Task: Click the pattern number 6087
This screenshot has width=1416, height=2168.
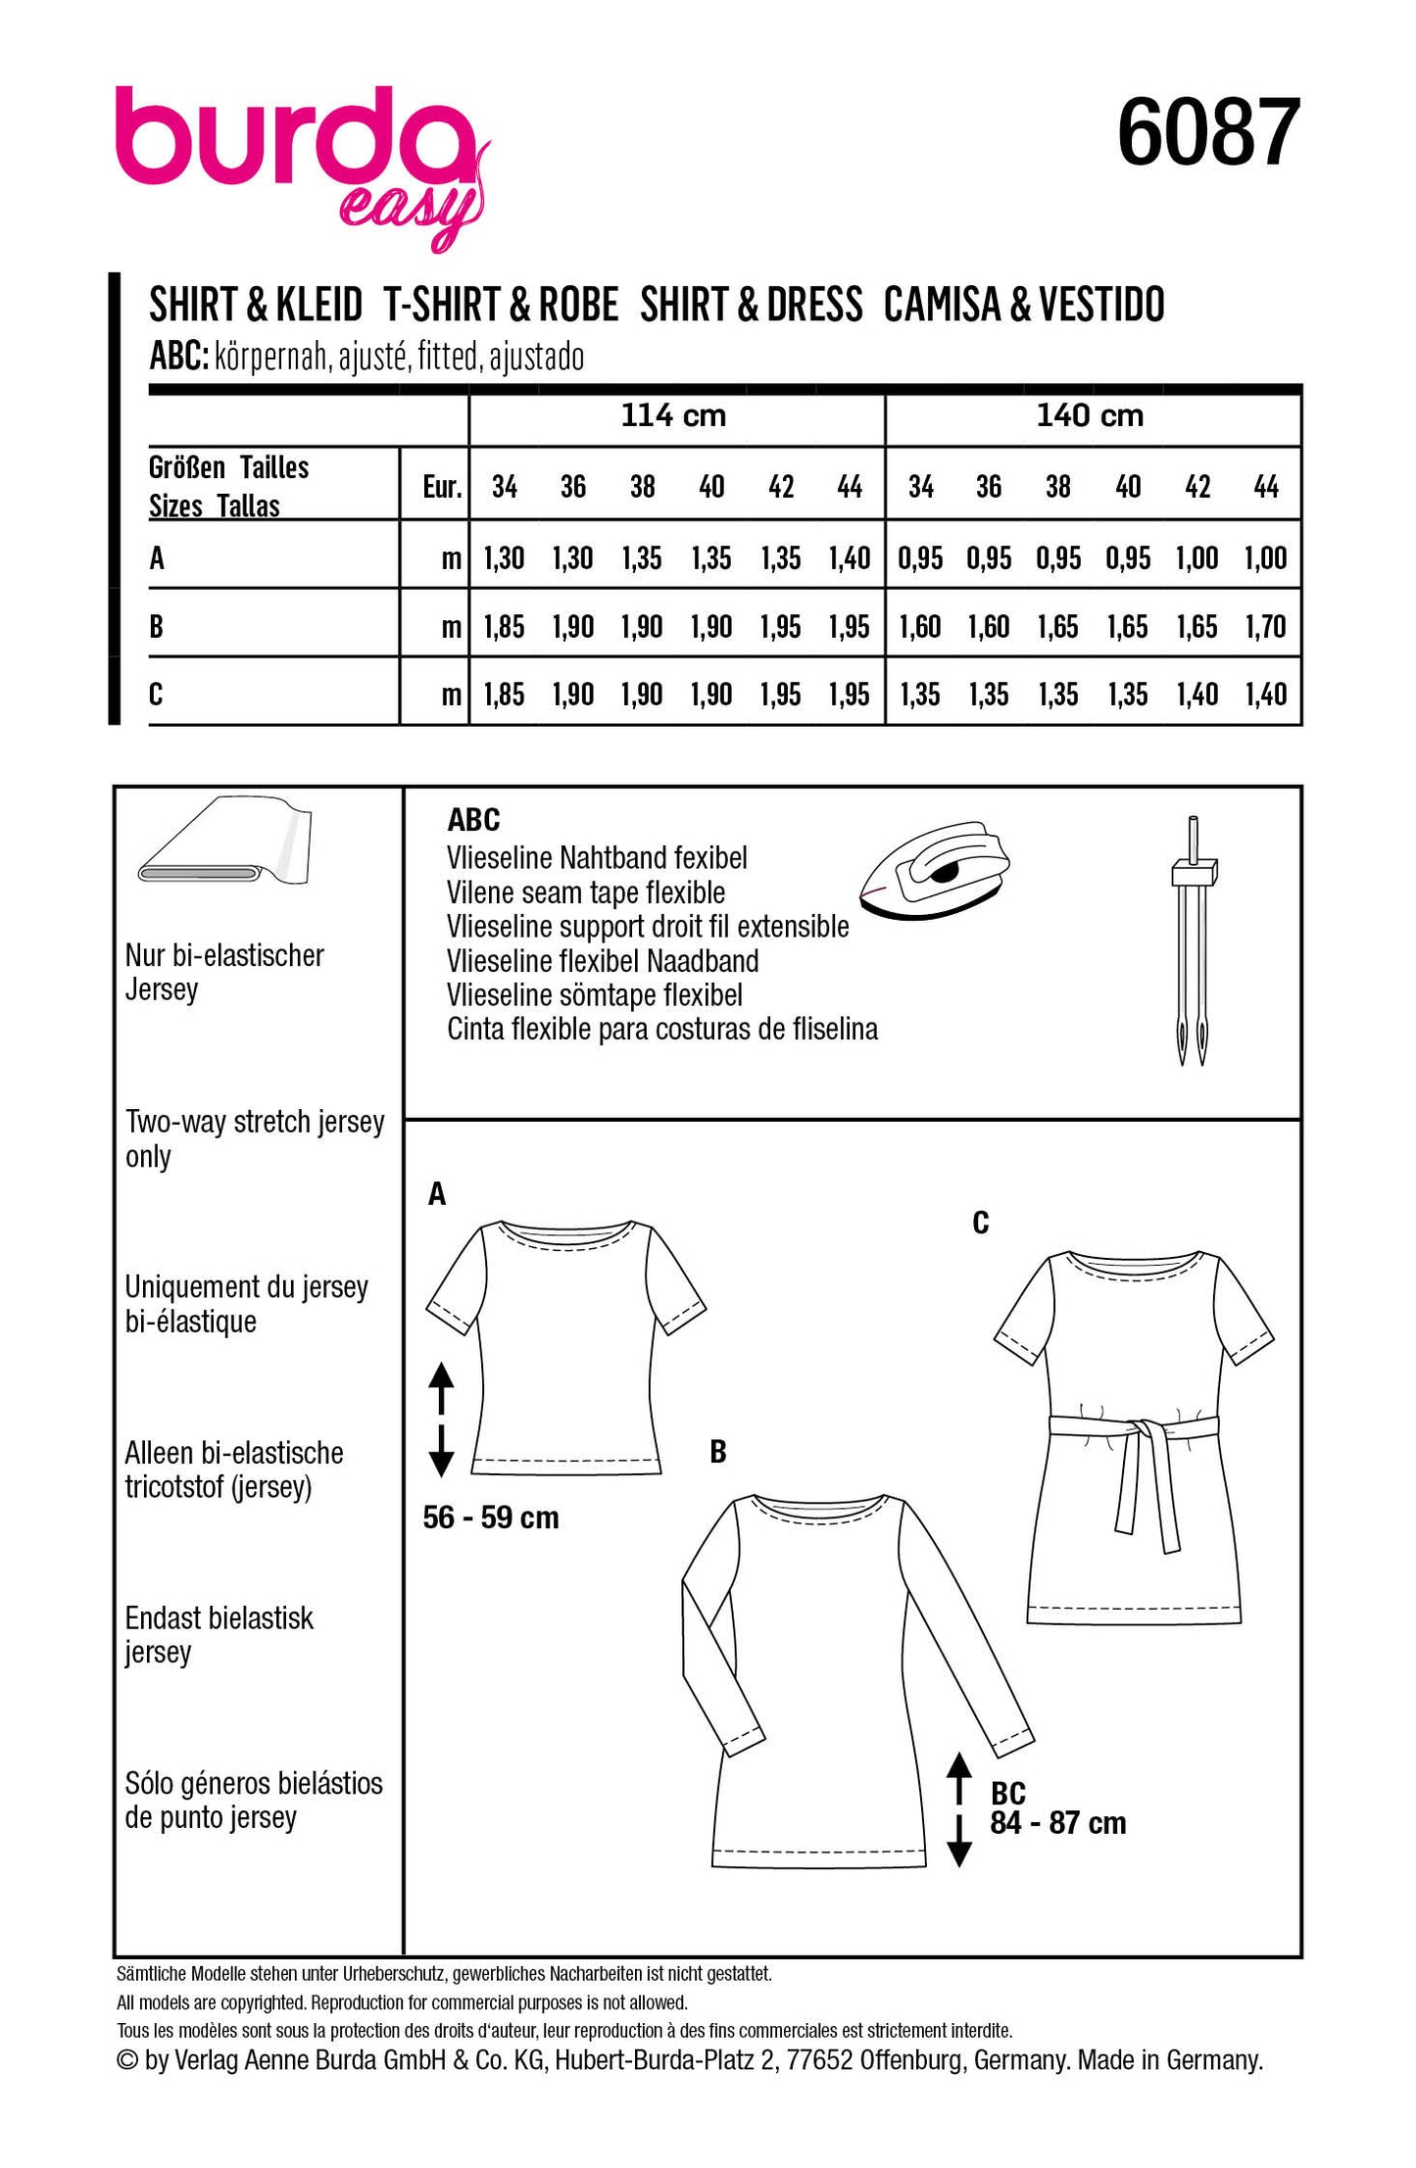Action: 1208,133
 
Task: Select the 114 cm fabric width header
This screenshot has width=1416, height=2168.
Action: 674,416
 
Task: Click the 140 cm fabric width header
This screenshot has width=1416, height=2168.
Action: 1090,416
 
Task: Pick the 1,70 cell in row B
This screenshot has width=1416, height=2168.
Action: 1265,627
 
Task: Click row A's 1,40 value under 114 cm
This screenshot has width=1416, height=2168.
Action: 849,559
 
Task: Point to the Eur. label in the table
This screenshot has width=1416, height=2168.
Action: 442,487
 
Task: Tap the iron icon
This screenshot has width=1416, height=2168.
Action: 934,870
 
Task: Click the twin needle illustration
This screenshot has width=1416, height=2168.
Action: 1192,940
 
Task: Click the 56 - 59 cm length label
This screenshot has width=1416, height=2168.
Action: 491,1518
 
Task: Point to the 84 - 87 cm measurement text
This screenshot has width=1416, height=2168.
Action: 1058,1824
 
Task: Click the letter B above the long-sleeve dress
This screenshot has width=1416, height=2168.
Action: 718,1452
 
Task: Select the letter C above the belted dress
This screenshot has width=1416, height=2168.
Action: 981,1224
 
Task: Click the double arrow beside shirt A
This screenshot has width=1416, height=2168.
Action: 441,1420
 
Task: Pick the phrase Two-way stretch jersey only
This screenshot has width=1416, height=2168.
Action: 255,1139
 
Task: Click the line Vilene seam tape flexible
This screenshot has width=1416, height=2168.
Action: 586,893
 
